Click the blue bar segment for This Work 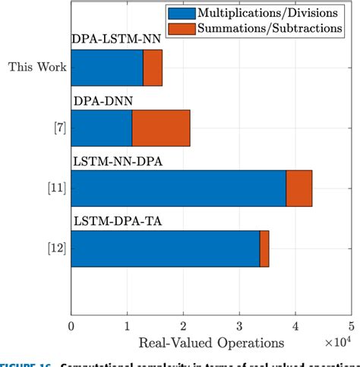106,67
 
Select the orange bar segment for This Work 152,67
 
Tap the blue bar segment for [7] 101,128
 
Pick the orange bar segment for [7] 161,128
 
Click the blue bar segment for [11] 178,188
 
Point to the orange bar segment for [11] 299,188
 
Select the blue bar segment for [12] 165,249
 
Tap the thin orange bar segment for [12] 264,249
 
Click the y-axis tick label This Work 37,67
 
